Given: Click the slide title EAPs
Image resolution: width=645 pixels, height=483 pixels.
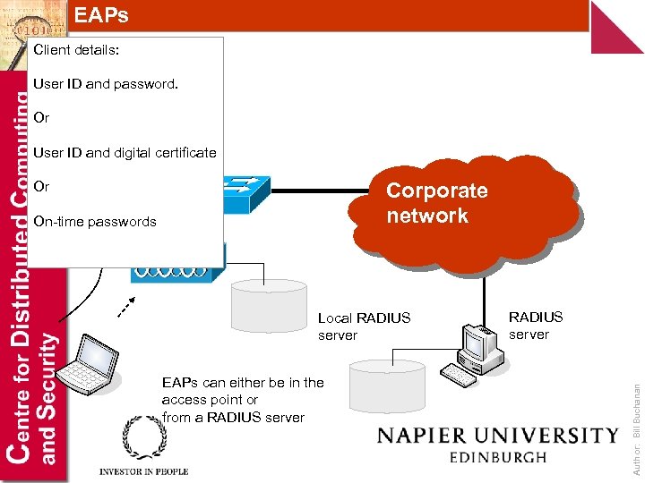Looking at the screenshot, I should click(x=101, y=15).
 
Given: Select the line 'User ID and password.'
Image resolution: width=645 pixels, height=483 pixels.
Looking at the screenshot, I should click(x=106, y=84).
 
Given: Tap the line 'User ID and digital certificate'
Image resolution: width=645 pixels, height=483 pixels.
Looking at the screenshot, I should click(x=125, y=152).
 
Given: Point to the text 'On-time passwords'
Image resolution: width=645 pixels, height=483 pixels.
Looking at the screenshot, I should click(x=94, y=221).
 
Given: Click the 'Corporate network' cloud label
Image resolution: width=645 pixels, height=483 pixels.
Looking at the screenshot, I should click(x=436, y=203).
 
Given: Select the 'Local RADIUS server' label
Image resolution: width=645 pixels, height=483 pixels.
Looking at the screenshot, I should click(x=364, y=326).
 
